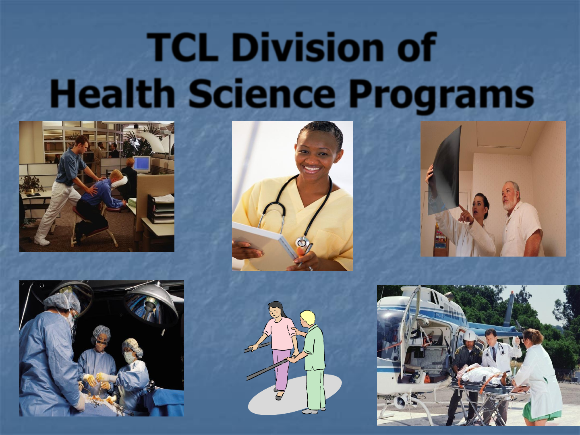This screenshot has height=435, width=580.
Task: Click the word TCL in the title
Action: (x=182, y=47)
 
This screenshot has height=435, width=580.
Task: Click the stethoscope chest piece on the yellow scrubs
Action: (x=301, y=241)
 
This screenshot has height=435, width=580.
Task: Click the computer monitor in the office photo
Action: (x=142, y=164)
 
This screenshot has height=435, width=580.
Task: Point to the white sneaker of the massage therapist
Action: (x=42, y=240)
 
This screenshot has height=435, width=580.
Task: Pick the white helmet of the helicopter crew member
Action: (x=469, y=337)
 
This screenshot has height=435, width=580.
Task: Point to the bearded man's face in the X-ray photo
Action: (x=510, y=196)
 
